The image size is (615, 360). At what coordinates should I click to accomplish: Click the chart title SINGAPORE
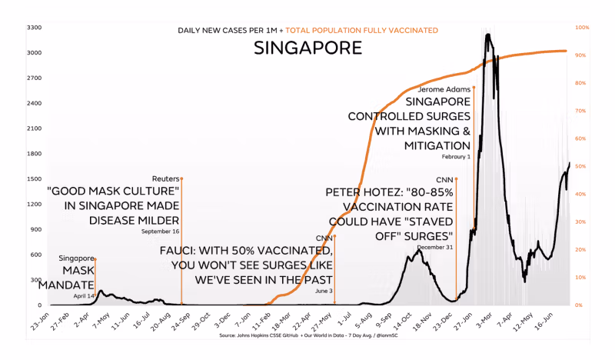click(x=307, y=48)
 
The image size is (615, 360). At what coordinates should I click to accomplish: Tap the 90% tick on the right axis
click(x=582, y=55)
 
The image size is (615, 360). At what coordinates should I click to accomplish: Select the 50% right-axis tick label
click(x=582, y=166)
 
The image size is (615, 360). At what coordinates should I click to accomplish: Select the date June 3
click(x=323, y=292)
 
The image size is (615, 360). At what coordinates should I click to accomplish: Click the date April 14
click(x=84, y=295)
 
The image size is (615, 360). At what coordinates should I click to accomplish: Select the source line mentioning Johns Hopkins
click(x=307, y=335)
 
